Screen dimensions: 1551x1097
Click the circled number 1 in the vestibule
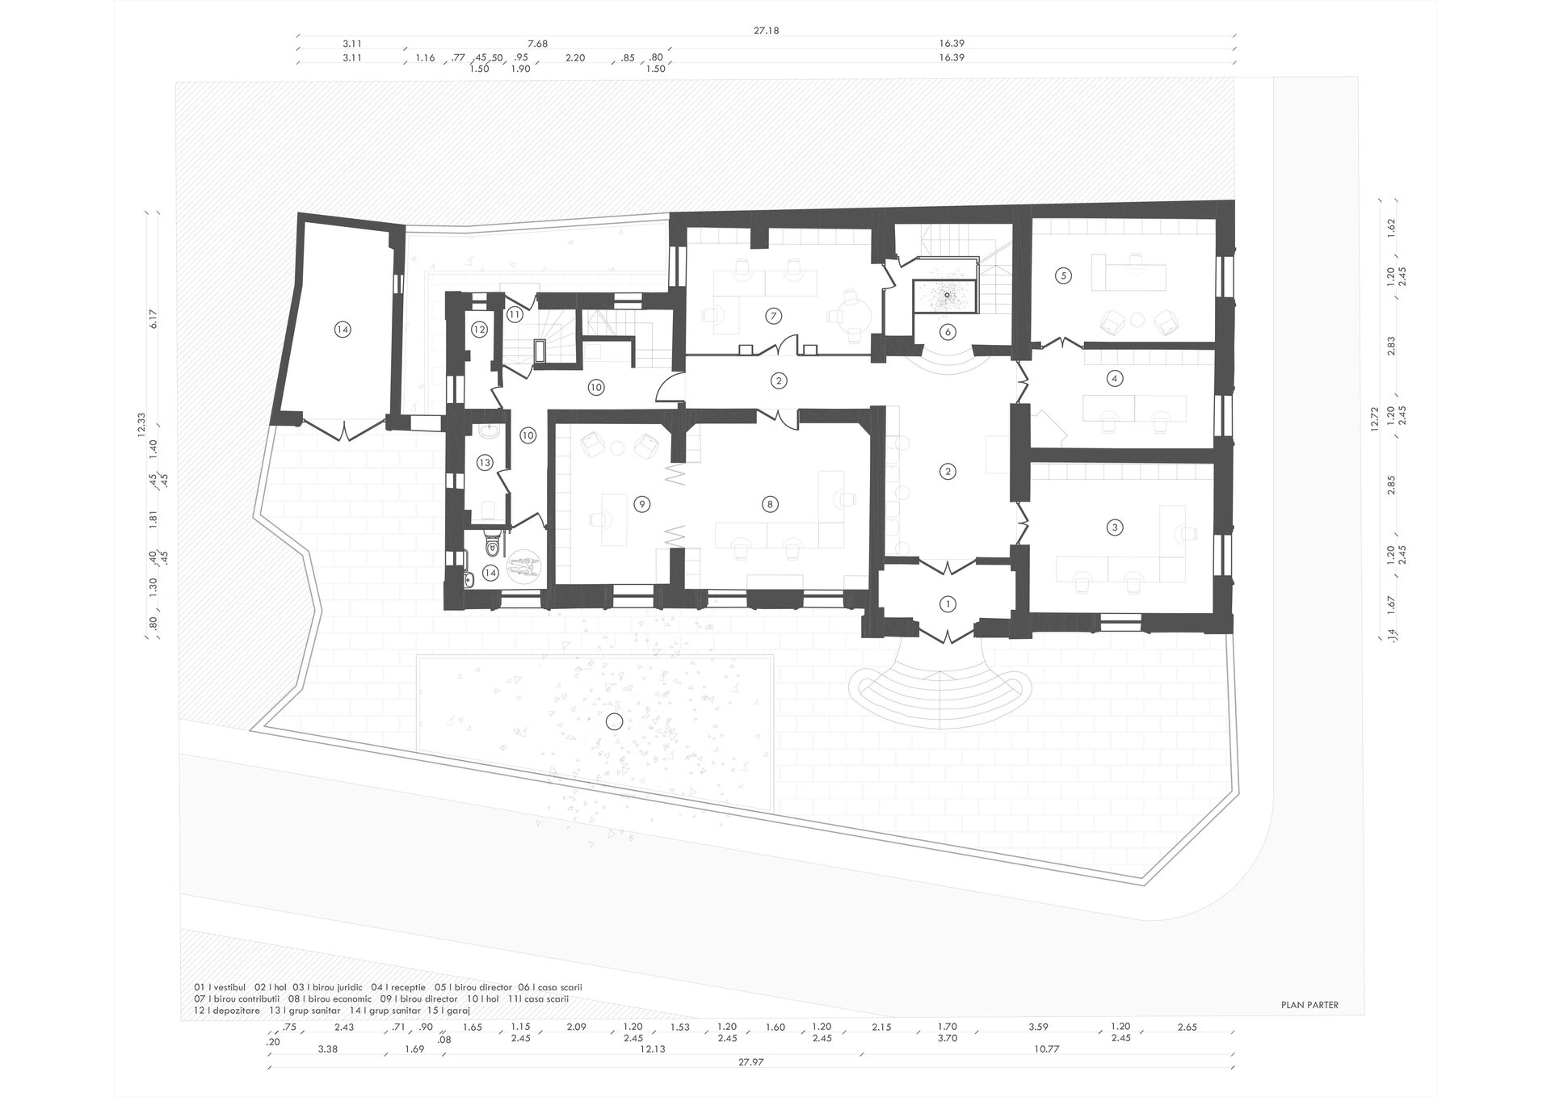coord(948,603)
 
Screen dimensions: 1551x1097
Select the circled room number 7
coord(774,316)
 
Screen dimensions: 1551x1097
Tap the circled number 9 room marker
coord(641,504)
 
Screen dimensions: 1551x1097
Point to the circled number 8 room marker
coord(770,504)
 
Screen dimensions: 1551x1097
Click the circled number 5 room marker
coord(1064,275)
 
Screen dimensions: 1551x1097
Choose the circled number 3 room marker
coord(1115,527)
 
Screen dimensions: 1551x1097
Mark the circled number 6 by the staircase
coord(948,332)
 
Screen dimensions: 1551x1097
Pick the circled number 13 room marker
coord(484,463)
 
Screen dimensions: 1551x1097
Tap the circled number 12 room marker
coord(480,330)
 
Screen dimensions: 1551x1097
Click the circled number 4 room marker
coord(1115,377)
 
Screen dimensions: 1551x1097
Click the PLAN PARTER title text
coord(1309,1005)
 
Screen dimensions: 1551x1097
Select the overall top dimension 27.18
coord(767,31)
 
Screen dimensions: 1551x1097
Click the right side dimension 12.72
coord(1374,420)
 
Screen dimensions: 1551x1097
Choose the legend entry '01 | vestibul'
coord(221,987)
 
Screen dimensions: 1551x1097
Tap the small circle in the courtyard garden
coord(616,722)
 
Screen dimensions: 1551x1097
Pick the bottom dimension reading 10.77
coord(1046,1049)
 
